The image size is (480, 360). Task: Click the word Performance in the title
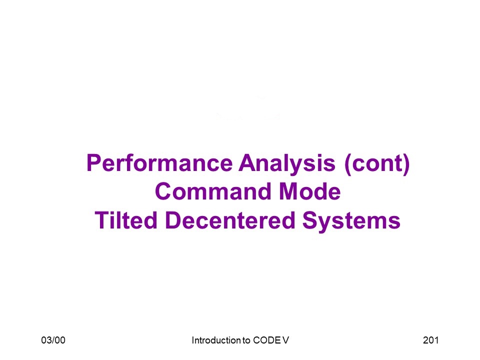(159, 163)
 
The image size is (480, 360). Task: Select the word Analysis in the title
(287, 164)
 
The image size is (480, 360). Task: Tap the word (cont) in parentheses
(377, 164)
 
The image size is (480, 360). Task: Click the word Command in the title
(213, 191)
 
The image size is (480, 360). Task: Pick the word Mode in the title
(310, 191)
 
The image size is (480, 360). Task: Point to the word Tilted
(126, 220)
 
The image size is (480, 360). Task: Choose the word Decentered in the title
(230, 220)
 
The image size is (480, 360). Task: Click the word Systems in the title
(351, 221)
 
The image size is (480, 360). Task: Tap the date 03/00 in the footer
(53, 340)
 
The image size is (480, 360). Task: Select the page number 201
(430, 340)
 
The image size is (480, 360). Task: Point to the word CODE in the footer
(267, 340)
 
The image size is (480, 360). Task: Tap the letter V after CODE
(285, 340)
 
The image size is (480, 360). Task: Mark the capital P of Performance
(93, 163)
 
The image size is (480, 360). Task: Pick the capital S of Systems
(310, 220)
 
